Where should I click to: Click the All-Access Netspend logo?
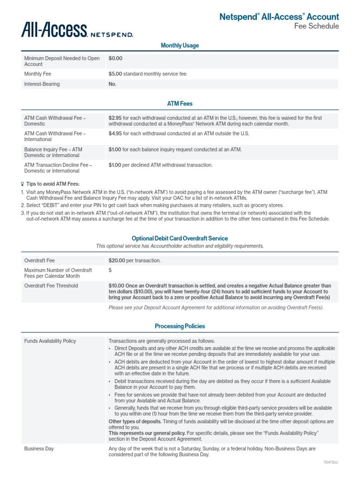[x=77, y=30]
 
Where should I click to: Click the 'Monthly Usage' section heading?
[x=180, y=45]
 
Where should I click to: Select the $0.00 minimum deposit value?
[x=115, y=59]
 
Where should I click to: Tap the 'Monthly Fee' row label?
[x=38, y=74]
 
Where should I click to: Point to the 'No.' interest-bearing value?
[x=112, y=84]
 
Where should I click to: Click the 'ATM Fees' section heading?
[x=180, y=104]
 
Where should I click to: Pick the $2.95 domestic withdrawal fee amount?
[x=115, y=118]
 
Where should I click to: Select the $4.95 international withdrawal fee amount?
[x=115, y=134]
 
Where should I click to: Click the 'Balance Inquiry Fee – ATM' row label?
[x=53, y=150]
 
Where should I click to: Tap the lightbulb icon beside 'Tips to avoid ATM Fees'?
[x=22, y=184]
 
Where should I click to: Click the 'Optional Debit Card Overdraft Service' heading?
[x=180, y=239]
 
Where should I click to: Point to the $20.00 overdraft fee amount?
[x=117, y=261]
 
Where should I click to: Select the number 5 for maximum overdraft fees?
[x=110, y=270]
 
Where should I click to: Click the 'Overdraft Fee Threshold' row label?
[x=51, y=286]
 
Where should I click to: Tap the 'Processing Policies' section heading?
[x=180, y=326]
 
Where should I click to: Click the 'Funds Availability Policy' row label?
[x=50, y=341]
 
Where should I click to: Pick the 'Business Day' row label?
[x=39, y=449]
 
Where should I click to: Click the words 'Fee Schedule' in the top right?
[x=316, y=26]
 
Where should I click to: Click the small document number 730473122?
[x=330, y=463]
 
